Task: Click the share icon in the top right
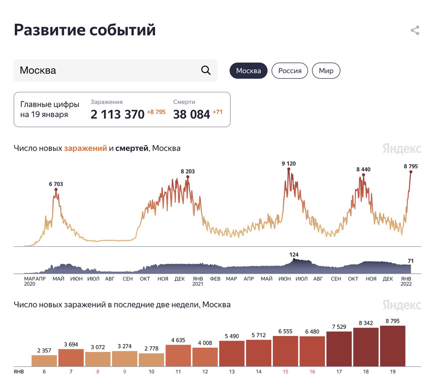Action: tap(415, 30)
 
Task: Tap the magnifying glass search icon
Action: tap(206, 70)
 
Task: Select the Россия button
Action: tap(290, 71)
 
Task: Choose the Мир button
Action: tap(326, 71)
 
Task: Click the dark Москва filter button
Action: tap(249, 71)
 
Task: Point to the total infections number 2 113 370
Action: tap(117, 115)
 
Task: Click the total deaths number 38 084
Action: tap(191, 115)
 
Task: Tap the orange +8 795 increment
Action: tap(156, 112)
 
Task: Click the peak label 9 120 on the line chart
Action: tap(289, 164)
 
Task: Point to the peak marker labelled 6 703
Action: tap(56, 189)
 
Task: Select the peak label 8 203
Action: tap(188, 171)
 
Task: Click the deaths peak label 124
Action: tap(294, 255)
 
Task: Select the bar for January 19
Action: tap(393, 346)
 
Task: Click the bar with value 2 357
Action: tap(44, 360)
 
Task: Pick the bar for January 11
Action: tap(178, 355)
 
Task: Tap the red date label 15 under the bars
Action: tap(285, 371)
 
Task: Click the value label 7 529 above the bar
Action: tap(339, 327)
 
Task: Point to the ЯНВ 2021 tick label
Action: tap(198, 281)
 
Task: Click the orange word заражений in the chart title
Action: tap(85, 148)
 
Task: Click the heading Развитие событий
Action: tap(85, 30)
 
